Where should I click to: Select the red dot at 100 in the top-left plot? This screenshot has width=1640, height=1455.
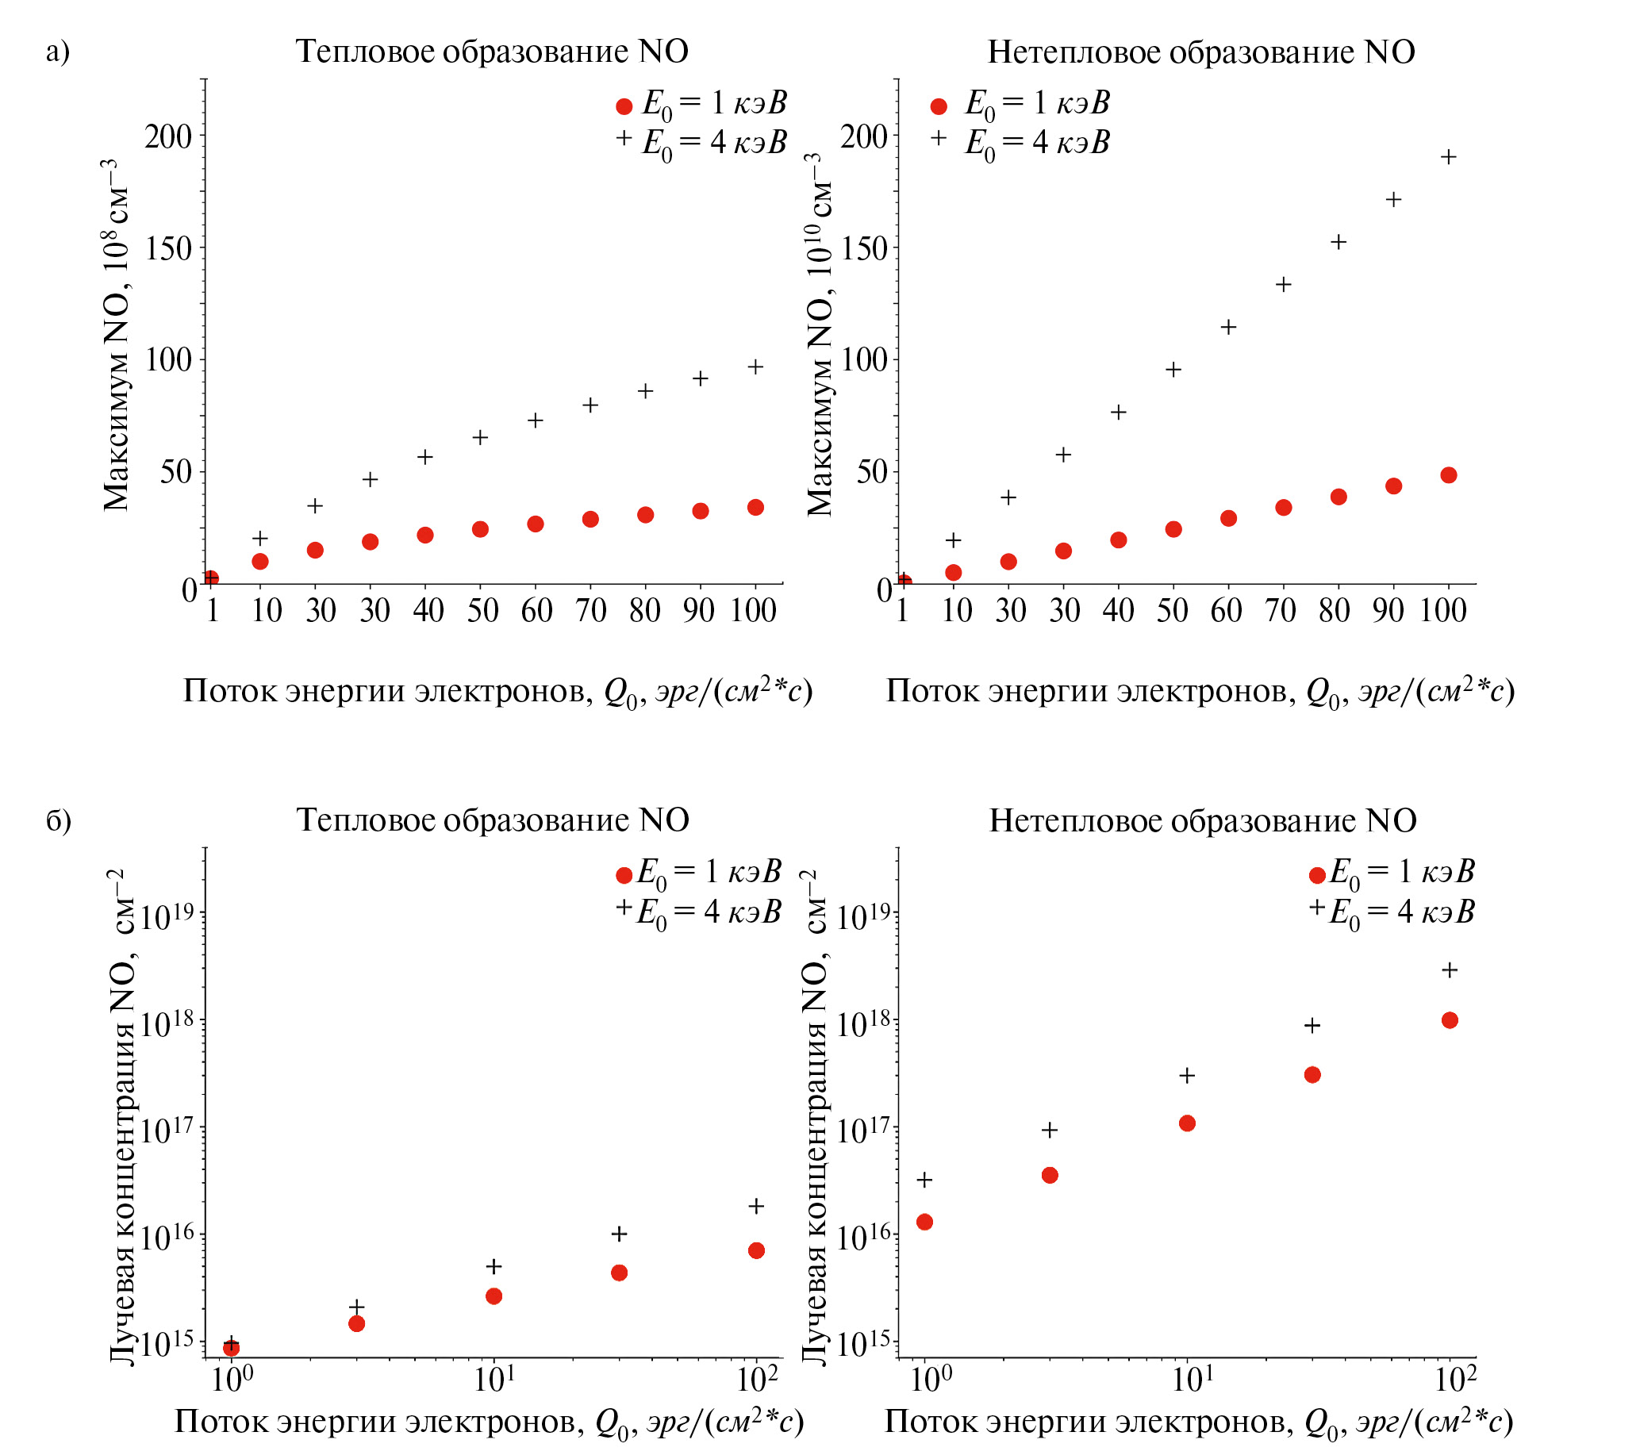coord(756,508)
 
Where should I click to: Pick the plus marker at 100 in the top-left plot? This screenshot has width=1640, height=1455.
coord(756,367)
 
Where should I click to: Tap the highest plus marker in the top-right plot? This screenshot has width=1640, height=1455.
coord(1449,157)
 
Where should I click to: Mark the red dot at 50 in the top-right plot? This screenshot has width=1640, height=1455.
coord(1173,529)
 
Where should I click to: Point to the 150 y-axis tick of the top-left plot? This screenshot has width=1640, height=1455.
coord(168,249)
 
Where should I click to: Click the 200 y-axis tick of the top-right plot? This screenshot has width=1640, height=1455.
coord(864,137)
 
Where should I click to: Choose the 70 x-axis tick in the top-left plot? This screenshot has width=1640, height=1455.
coord(590,611)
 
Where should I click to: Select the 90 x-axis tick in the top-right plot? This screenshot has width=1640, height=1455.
coord(1388,611)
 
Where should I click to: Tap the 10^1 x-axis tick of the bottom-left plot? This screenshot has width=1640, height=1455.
coord(494,1378)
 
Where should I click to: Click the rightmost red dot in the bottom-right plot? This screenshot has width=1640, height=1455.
coord(1450,1020)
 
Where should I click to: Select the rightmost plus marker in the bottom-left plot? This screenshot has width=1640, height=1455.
coord(756,1207)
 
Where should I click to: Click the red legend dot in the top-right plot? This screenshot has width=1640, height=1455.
coord(939,106)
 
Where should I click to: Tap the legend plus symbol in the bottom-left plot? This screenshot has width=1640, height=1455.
coord(624,907)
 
